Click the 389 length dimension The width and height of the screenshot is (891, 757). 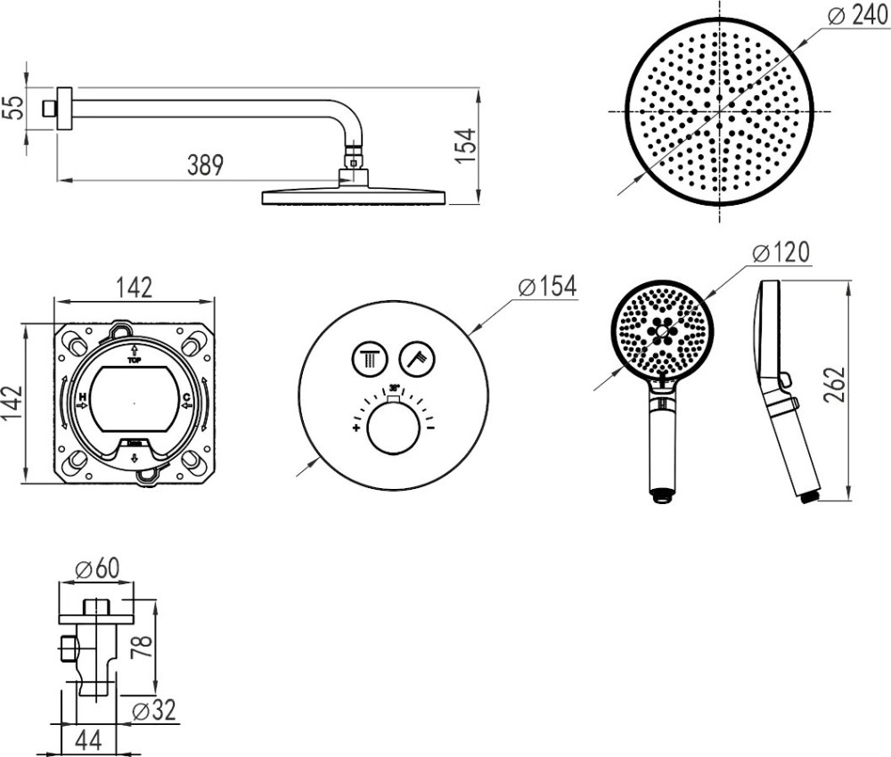[x=205, y=166]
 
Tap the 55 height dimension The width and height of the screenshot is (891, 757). [x=12, y=108]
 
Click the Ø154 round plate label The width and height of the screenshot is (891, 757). [x=547, y=287]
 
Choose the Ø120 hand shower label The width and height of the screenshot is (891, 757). [x=781, y=253]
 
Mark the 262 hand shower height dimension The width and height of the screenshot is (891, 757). [x=835, y=385]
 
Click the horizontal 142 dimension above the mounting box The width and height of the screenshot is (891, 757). [x=135, y=288]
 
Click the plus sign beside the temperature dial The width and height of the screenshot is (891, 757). [x=355, y=428]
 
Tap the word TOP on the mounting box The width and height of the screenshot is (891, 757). [x=134, y=362]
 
